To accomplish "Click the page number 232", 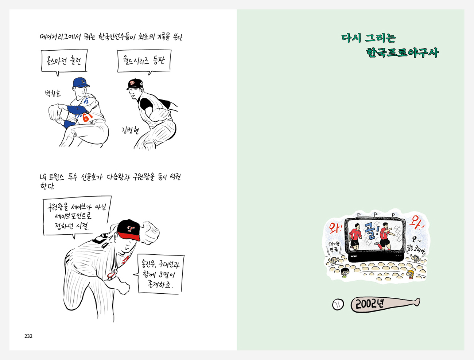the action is click(28, 336).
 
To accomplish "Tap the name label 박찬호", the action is click(53, 93).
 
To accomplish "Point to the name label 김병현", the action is click(130, 130).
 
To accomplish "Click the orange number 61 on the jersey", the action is click(88, 117).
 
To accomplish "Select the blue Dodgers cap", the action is click(81, 82).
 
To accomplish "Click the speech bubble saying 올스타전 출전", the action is click(64, 62).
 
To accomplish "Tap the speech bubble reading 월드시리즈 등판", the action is click(144, 61).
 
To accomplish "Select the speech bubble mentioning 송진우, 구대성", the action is click(160, 274).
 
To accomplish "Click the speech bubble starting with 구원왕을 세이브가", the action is click(77, 216).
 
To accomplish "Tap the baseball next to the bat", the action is click(338, 304).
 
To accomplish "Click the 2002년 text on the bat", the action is click(369, 304).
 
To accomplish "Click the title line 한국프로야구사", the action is click(402, 53).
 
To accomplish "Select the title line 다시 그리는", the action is click(368, 38).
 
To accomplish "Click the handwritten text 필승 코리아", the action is click(416, 249).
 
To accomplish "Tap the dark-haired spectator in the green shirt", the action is click(345, 272).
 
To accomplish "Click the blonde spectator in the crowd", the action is click(410, 274).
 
